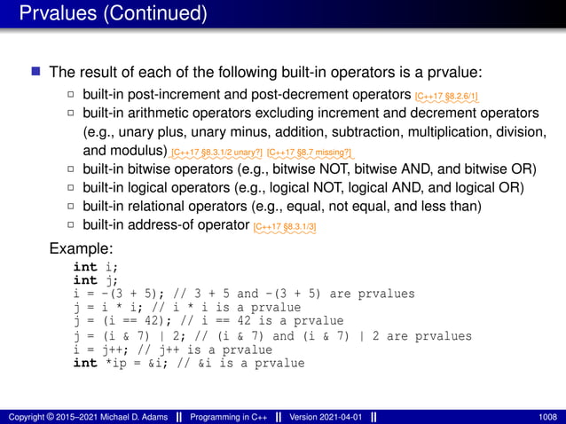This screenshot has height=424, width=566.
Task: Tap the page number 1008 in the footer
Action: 548,415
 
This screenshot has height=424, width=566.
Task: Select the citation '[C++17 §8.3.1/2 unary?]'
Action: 217,153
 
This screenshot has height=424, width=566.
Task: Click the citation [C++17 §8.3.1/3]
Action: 285,228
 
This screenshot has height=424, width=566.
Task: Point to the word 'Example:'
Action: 80,248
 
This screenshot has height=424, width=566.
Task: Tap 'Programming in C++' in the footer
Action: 217,415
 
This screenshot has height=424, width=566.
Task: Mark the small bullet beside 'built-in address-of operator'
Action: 71,225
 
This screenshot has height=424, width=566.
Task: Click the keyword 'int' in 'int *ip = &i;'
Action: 85,363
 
